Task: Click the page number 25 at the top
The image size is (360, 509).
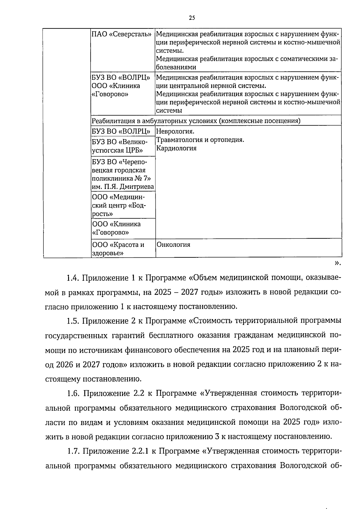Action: click(192, 18)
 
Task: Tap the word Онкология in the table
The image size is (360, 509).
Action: click(173, 245)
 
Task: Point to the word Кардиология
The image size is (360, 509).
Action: click(176, 148)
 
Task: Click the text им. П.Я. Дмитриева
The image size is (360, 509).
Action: click(123, 187)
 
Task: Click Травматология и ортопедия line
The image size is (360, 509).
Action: click(200, 140)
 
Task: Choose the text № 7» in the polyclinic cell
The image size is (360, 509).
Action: click(141, 178)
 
